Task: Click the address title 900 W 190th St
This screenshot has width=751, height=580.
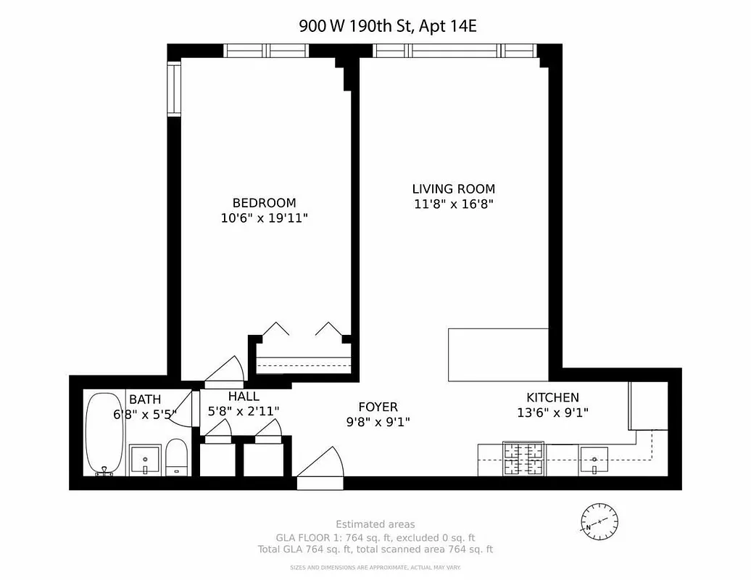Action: point(388,26)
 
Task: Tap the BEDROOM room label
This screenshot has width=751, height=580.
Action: point(264,203)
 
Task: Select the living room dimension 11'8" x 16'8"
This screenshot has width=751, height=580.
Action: point(454,204)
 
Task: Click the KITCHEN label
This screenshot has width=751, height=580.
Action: point(552,397)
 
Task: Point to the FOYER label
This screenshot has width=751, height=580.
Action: point(378,407)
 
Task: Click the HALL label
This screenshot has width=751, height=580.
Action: point(243,397)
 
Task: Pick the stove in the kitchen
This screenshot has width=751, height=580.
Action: point(524,460)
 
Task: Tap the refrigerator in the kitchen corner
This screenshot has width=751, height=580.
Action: point(647,406)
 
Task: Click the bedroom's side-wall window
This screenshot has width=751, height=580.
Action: point(174,88)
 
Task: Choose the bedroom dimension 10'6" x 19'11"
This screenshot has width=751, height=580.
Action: point(264,217)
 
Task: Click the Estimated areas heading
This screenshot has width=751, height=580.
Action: point(375,524)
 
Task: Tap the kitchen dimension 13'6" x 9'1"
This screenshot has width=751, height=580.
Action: point(552,413)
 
